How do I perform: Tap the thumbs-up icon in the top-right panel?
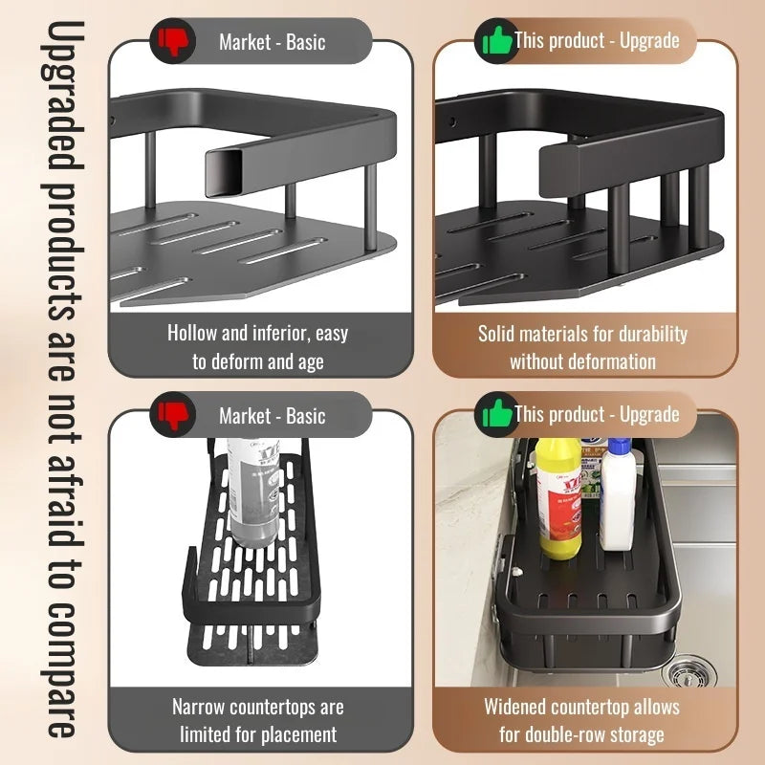[496, 40]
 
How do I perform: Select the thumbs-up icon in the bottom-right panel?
[496, 414]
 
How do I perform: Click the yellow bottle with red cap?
[559, 497]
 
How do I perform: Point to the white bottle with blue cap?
[619, 497]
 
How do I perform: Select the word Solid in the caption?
[499, 334]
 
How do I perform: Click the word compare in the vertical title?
[59, 669]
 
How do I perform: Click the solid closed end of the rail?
[560, 167]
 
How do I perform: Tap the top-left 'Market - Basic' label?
[272, 41]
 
